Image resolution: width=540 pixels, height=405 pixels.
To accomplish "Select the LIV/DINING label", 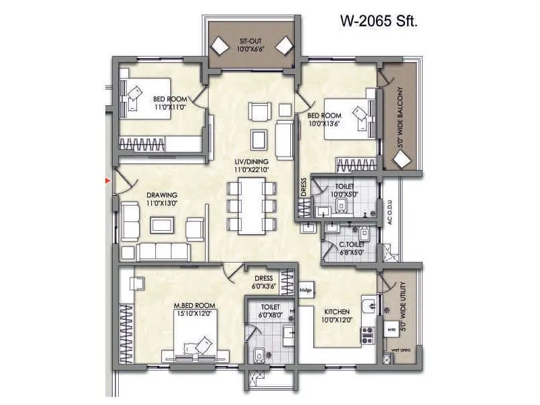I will coord(252,161).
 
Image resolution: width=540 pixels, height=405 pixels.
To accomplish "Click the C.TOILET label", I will coord(352,244).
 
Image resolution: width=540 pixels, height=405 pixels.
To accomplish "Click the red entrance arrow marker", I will coord(107,180).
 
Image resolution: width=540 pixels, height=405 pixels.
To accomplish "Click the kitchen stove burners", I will coord(369,333).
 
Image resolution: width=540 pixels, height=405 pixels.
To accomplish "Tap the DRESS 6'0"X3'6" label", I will coord(263,282).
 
